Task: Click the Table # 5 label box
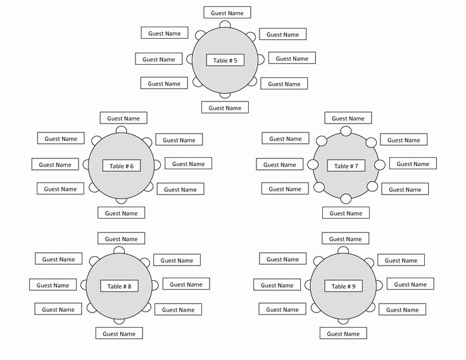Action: click(225, 60)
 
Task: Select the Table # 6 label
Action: click(122, 165)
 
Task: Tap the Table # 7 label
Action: click(346, 165)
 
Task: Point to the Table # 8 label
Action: click(119, 286)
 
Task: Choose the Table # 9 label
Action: click(343, 286)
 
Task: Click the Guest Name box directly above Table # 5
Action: click(227, 13)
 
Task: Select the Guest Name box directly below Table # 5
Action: click(225, 107)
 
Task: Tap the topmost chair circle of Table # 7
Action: click(346, 131)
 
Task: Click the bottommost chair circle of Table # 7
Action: click(346, 198)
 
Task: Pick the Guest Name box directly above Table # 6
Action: click(123, 118)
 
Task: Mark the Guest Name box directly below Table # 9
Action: click(343, 333)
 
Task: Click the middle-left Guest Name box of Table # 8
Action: click(53, 285)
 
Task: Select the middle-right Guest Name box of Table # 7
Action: click(413, 164)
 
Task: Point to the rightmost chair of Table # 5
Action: click(261, 60)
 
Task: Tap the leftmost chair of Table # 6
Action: click(86, 165)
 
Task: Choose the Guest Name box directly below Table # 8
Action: click(119, 333)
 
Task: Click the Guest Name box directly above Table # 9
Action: click(345, 238)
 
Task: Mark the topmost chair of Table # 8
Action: click(119, 250)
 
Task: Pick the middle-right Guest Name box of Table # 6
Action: click(189, 164)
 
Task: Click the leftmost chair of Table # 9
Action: click(308, 285)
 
